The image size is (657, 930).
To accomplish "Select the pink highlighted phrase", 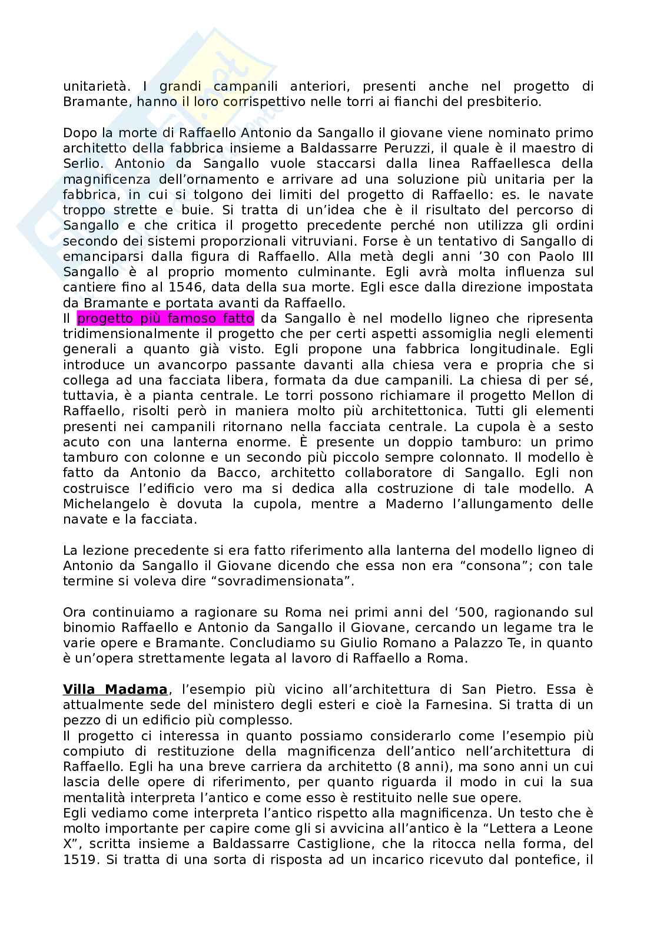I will click(165, 319).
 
